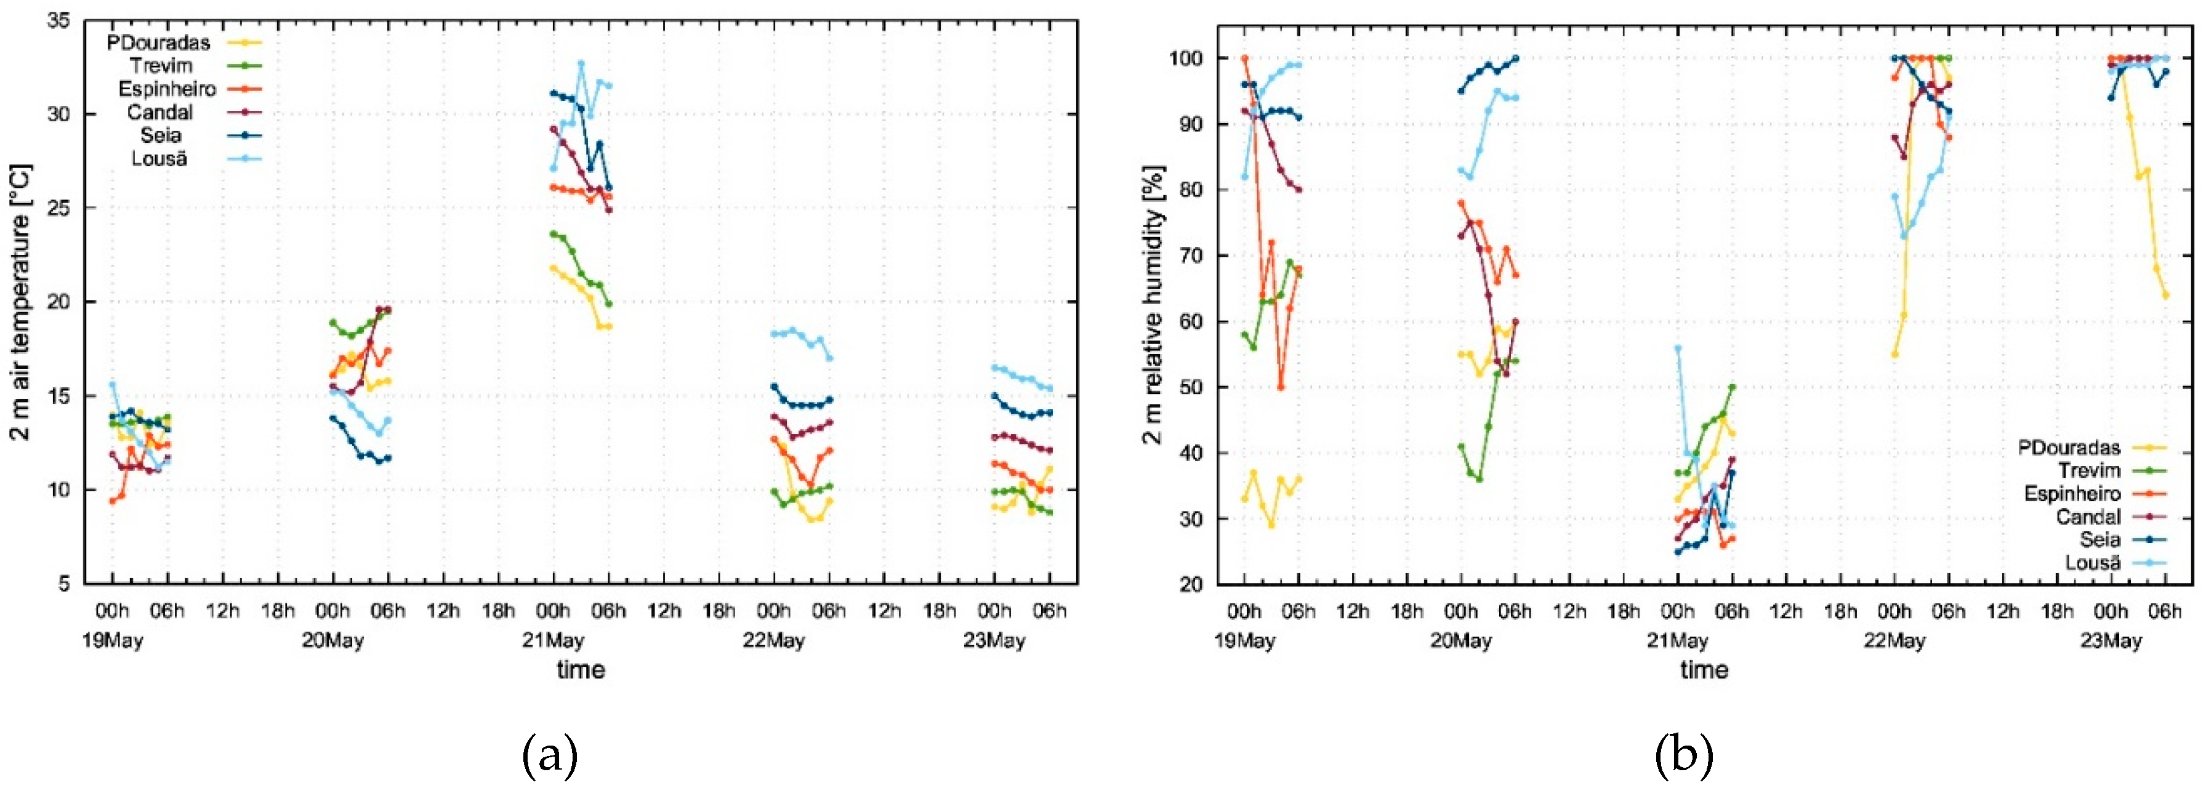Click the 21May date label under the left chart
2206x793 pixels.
pos(554,640)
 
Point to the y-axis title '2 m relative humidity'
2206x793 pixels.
pos(1154,304)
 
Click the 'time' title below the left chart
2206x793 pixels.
pos(581,670)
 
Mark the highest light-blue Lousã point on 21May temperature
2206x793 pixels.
pos(581,63)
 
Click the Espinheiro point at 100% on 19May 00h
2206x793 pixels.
pos(1244,58)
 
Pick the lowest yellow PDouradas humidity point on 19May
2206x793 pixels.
pos(1272,525)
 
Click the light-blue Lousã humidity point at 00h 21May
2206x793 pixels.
pos(1678,348)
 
